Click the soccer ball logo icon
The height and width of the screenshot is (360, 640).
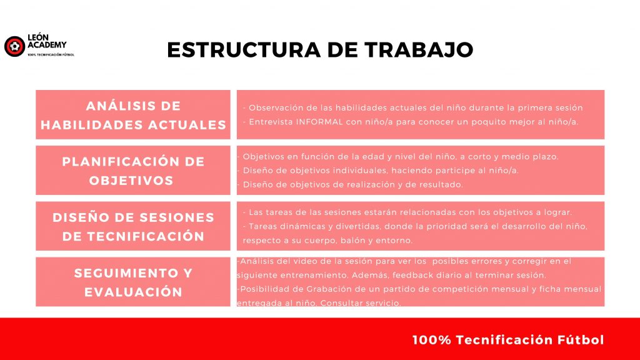click(x=15, y=46)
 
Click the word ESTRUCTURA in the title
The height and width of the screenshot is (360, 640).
click(x=244, y=50)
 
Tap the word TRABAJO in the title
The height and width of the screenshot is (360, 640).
click(x=419, y=50)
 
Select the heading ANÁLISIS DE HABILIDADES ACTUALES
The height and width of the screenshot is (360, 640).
click(x=133, y=115)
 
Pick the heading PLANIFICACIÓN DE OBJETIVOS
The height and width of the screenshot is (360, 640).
click(x=133, y=171)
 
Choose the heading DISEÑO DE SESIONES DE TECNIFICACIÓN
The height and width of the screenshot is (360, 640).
click(x=133, y=226)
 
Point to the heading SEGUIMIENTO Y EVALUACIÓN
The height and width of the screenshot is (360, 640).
click(x=133, y=282)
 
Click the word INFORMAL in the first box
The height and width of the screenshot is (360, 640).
click(x=319, y=122)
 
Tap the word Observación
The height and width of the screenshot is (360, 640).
click(x=276, y=107)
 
